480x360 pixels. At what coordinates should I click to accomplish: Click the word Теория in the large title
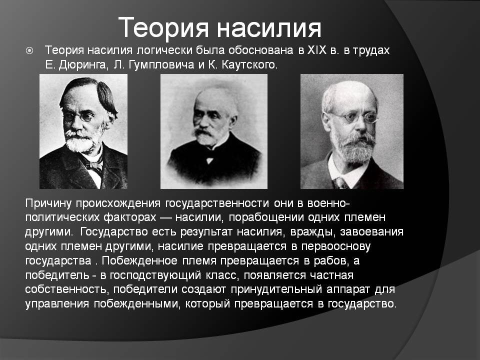point(163,28)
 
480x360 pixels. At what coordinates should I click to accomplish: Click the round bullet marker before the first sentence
point(29,50)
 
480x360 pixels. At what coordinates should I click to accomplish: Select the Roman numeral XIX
point(317,50)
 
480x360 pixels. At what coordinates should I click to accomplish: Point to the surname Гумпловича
point(162,65)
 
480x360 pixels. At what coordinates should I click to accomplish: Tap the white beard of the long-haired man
point(80,140)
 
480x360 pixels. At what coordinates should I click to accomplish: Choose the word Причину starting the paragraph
point(48,203)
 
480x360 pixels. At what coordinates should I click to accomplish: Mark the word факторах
point(130,217)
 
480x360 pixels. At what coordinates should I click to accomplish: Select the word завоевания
point(371,232)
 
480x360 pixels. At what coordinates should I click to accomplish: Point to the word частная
point(332,275)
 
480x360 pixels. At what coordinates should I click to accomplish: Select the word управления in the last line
point(57,304)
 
